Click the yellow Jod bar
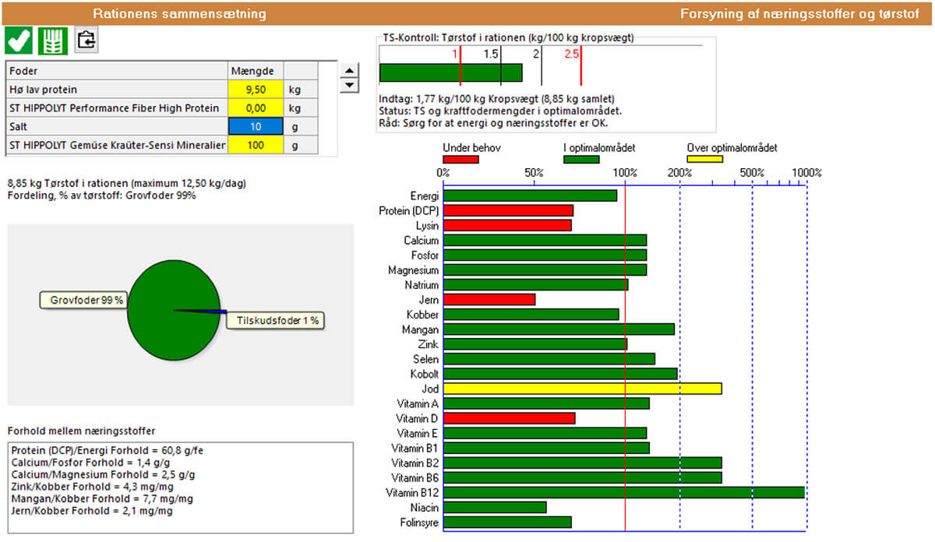582,389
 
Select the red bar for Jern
489,300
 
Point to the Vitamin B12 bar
623,492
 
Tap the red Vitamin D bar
509,418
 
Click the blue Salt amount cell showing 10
256,126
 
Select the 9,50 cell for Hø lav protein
256,89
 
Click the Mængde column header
256,71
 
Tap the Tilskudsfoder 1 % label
275,320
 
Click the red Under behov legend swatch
460,160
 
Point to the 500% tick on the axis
751,173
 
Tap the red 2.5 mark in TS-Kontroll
572,54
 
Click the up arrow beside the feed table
351,70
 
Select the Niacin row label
425,508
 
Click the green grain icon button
53,40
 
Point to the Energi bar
530,195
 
